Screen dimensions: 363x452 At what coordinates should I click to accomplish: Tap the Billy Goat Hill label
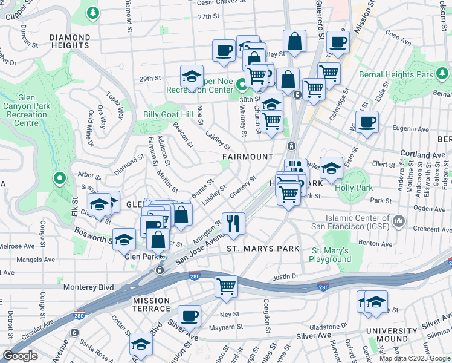(x=168, y=114)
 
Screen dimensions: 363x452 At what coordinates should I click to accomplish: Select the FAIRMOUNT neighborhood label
(x=248, y=157)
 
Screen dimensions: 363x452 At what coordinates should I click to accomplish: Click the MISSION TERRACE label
(x=152, y=304)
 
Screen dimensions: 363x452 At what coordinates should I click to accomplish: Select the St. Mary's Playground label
(x=331, y=255)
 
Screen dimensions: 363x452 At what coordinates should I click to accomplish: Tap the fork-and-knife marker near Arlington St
(x=233, y=223)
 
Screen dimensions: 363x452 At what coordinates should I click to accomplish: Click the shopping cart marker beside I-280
(x=227, y=286)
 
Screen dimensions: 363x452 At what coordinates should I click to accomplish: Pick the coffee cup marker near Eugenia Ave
(x=367, y=122)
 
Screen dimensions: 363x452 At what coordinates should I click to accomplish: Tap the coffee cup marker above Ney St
(x=190, y=315)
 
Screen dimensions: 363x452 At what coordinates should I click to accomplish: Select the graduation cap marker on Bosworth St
(x=124, y=239)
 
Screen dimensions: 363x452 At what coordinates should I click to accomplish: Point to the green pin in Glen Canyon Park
(x=59, y=178)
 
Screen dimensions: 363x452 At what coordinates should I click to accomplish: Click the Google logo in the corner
(x=20, y=356)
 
